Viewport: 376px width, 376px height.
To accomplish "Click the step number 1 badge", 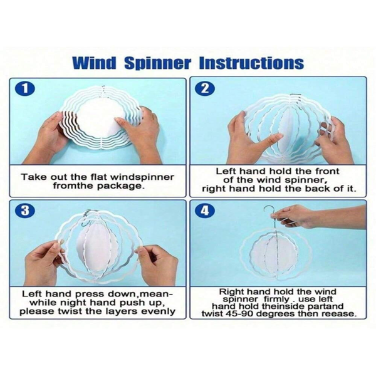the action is (25, 89).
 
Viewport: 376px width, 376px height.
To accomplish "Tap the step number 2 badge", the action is (204, 89).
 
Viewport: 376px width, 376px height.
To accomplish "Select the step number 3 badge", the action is (25, 211).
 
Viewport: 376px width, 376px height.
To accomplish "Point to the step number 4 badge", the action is (204, 211).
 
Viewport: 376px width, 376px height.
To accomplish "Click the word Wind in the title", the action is (94, 63).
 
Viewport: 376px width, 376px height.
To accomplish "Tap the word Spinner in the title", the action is (157, 63).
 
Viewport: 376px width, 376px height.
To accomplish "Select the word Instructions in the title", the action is (252, 63).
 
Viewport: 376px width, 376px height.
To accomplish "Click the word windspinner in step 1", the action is (143, 177).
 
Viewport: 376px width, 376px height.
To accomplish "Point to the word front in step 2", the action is (327, 171).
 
